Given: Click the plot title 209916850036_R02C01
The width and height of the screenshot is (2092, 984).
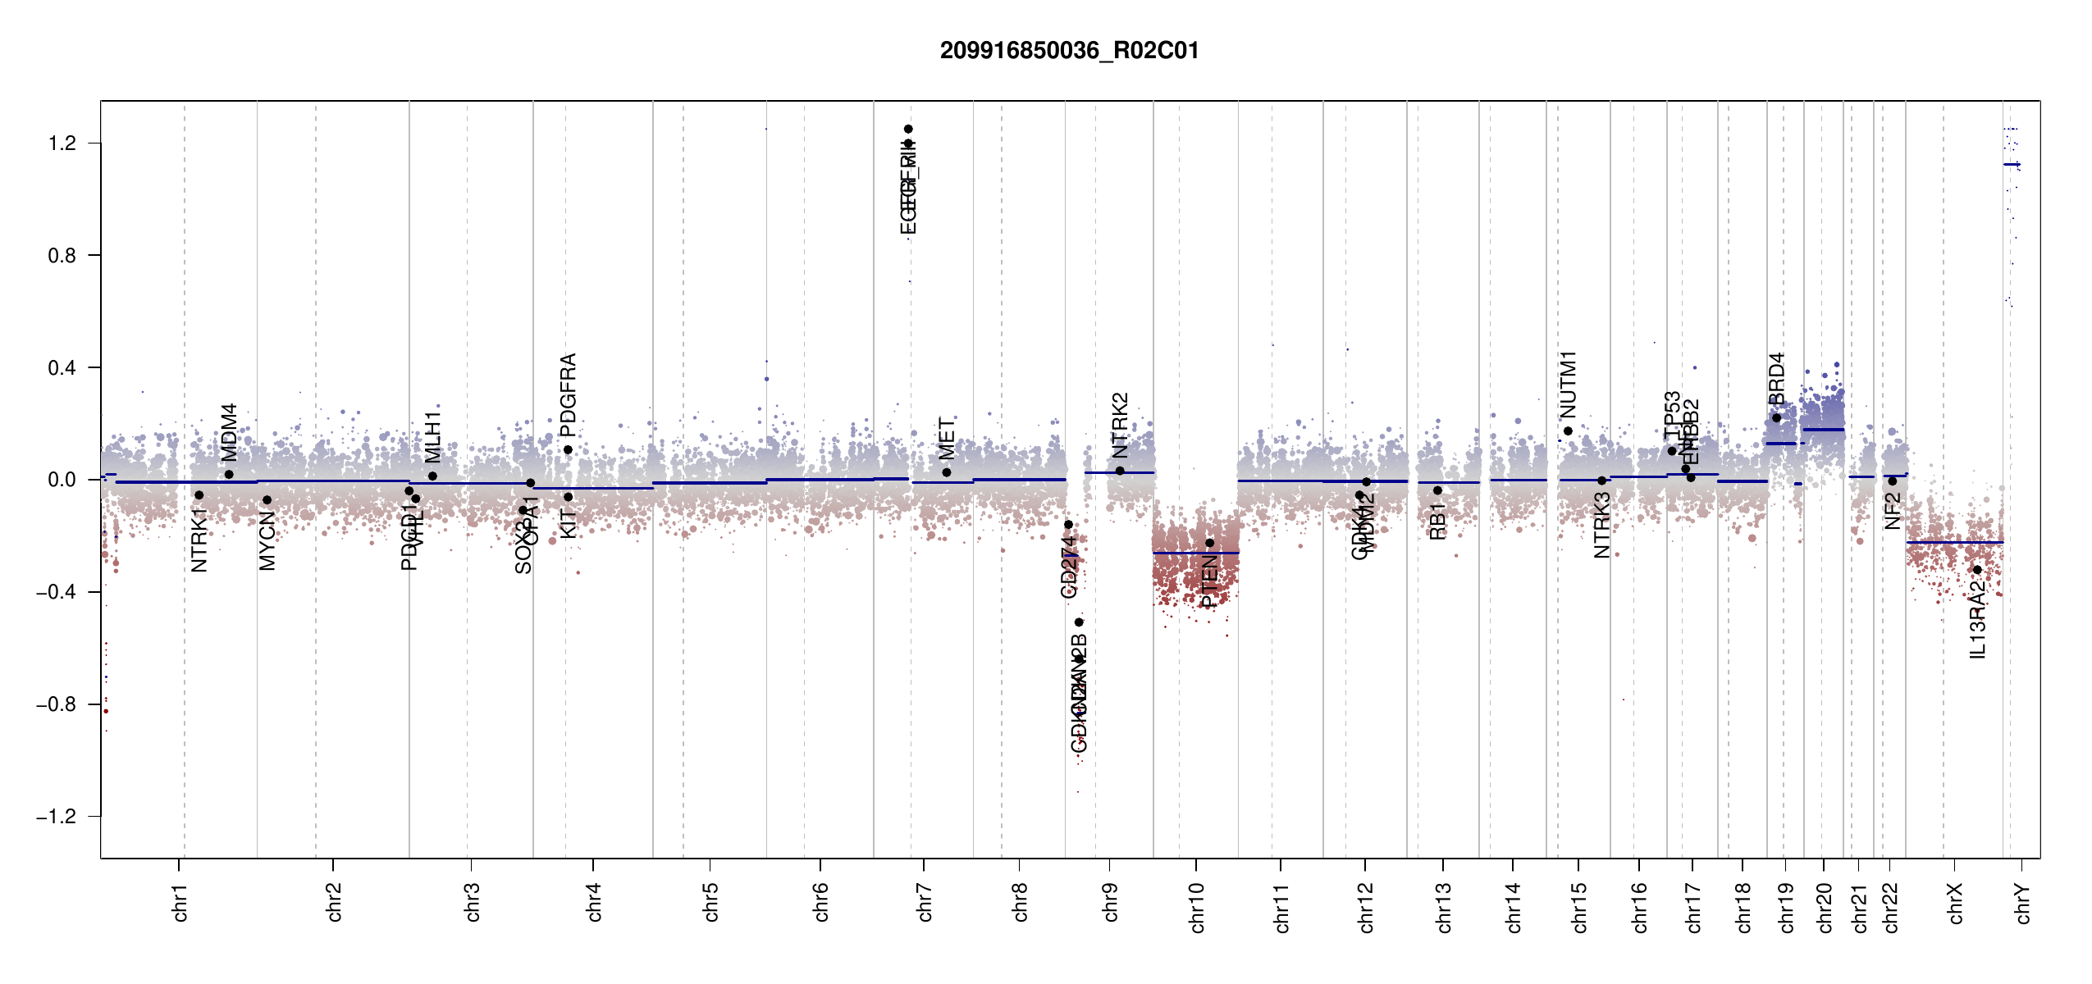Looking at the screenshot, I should click(x=1069, y=51).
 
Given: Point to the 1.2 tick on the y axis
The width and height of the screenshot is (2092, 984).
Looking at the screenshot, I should click(x=62, y=143).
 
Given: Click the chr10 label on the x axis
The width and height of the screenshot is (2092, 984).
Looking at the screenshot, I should click(x=1197, y=908).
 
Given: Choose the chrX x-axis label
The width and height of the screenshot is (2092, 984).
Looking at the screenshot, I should click(x=1955, y=904).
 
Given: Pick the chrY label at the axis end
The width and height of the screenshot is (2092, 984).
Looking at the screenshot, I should click(x=2023, y=904).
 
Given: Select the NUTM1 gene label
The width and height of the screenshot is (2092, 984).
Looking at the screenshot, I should click(x=1568, y=384).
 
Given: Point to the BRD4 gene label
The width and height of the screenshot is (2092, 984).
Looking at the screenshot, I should click(x=1776, y=379).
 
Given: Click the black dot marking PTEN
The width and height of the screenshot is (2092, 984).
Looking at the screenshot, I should click(x=1209, y=543).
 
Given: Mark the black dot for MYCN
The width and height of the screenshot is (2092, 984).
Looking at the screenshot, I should click(x=267, y=500).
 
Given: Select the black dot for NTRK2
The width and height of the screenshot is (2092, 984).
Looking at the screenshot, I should click(x=1120, y=471).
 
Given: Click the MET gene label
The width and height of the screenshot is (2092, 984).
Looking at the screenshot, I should click(x=947, y=439).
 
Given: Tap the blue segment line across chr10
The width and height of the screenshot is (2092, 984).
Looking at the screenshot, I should click(x=1195, y=553).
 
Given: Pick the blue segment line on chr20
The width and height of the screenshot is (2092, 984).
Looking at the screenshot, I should click(x=1823, y=430).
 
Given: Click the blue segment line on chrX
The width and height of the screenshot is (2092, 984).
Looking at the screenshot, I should click(x=1954, y=543).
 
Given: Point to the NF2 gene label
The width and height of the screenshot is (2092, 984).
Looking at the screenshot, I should click(x=1892, y=511).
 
